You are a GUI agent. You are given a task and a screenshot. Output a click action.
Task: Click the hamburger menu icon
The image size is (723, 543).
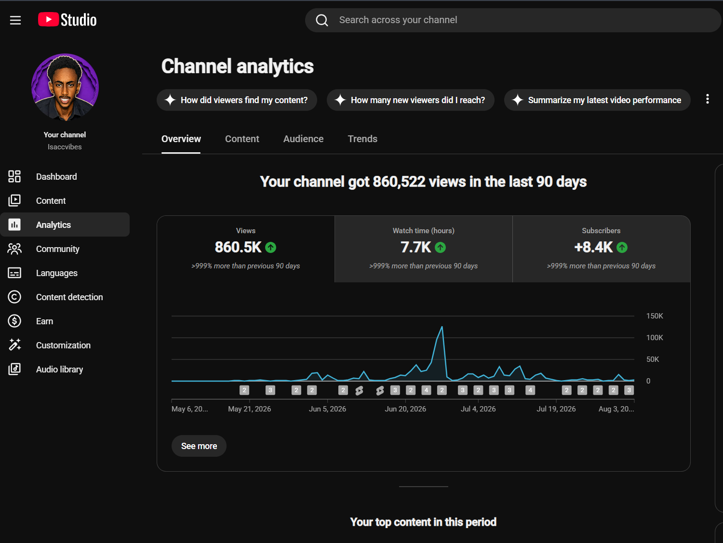point(15,20)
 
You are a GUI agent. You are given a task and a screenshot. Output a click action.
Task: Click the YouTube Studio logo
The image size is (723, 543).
point(67,20)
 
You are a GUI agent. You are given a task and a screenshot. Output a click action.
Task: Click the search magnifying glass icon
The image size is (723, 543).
point(322,20)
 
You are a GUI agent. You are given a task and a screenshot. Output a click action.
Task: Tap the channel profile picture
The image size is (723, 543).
point(65,87)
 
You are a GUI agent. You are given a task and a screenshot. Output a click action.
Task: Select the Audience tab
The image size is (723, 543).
point(303,139)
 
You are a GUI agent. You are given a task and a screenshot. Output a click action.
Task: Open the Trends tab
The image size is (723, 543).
point(362,139)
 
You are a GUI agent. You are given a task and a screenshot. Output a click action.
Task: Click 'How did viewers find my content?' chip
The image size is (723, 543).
point(237,100)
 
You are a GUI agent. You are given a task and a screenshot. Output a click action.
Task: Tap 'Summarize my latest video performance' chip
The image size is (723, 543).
point(597,100)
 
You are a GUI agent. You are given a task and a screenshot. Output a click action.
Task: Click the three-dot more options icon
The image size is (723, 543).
point(708,99)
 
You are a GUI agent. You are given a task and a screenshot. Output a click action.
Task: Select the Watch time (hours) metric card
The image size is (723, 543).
point(423,249)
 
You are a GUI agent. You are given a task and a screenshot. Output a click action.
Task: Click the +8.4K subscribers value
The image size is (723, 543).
point(593,247)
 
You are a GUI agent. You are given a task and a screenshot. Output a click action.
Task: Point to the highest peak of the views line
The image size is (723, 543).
point(442,327)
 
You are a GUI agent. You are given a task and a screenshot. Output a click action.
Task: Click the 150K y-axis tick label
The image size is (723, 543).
point(655,316)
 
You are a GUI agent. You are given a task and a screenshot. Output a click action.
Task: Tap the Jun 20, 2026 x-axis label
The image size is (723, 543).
point(405,409)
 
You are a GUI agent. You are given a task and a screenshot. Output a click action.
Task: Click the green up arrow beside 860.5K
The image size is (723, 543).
point(271,247)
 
